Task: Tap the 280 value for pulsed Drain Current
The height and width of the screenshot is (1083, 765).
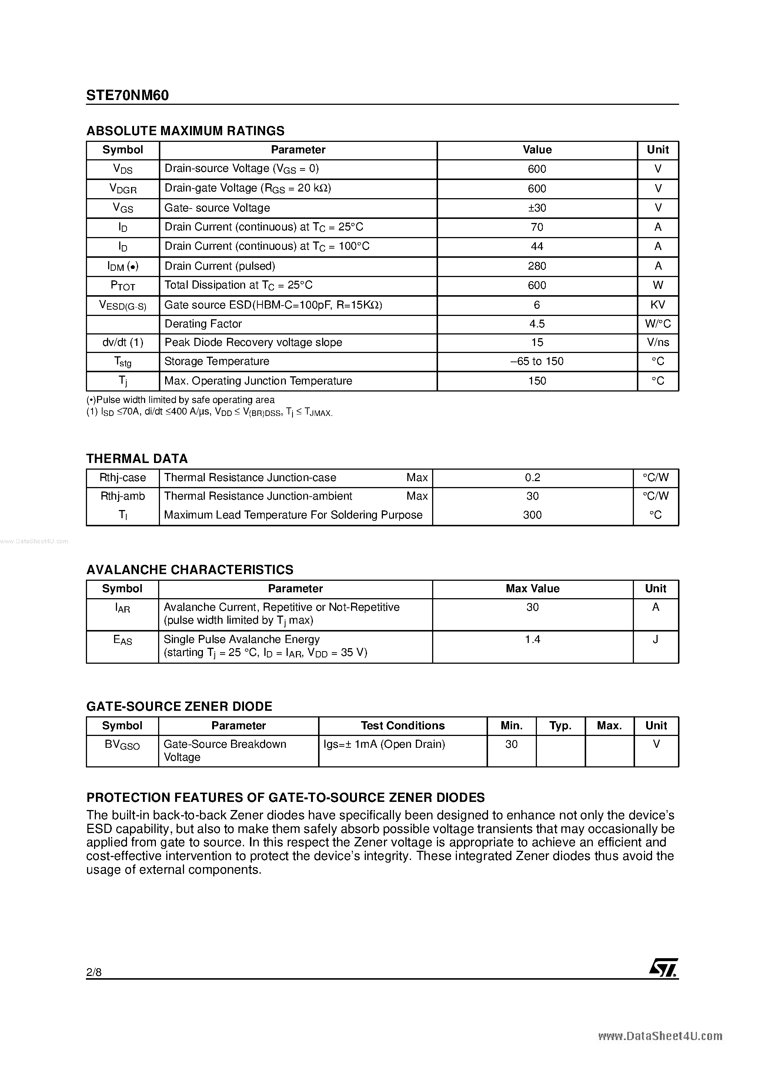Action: [x=537, y=266]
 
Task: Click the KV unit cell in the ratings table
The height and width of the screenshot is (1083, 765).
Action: [x=658, y=305]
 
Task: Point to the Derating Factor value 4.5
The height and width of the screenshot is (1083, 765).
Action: [x=537, y=324]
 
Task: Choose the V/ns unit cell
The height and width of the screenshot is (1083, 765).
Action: [x=658, y=343]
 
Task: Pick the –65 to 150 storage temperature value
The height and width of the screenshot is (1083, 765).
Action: [x=537, y=361]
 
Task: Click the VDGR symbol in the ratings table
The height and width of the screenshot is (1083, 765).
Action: [x=123, y=189]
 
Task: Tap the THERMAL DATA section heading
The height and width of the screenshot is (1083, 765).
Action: [x=137, y=459]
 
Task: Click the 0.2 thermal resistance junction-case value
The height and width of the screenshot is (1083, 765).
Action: [x=532, y=477]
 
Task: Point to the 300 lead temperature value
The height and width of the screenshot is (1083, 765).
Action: [x=532, y=514]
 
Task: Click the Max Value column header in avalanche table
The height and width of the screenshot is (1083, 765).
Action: [x=532, y=589]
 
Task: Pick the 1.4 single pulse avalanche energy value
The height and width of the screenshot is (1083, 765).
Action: [x=532, y=639]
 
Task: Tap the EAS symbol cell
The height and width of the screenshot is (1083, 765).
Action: [x=123, y=640]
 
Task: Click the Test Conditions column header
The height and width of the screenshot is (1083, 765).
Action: [x=402, y=726]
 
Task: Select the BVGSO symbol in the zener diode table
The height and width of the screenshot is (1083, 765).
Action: [x=122, y=745]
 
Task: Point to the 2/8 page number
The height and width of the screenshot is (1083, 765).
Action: [x=94, y=972]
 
